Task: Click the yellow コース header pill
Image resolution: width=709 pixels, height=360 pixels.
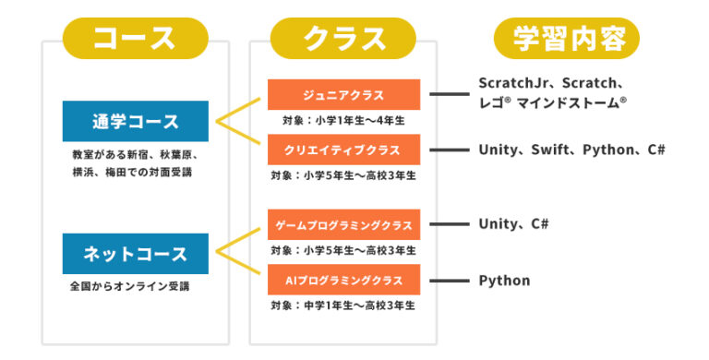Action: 135,39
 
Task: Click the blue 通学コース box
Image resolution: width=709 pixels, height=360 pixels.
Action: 136,122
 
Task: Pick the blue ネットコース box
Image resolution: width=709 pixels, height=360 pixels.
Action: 136,254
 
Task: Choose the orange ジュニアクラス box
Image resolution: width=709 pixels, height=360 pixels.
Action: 343,94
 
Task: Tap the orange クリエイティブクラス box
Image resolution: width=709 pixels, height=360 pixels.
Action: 343,150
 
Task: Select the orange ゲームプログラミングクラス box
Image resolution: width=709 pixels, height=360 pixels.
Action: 343,224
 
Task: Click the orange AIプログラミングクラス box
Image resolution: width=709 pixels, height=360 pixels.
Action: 343,280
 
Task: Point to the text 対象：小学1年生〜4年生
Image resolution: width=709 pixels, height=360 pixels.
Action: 343,120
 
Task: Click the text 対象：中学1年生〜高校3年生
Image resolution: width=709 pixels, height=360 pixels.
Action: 343,305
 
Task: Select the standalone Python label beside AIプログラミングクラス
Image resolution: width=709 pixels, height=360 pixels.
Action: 504,280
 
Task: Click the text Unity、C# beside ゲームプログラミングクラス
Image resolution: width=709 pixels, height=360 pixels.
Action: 513,224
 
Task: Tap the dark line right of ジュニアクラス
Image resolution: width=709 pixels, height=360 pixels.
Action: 450,94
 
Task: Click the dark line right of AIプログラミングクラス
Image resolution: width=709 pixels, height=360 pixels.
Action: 450,280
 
